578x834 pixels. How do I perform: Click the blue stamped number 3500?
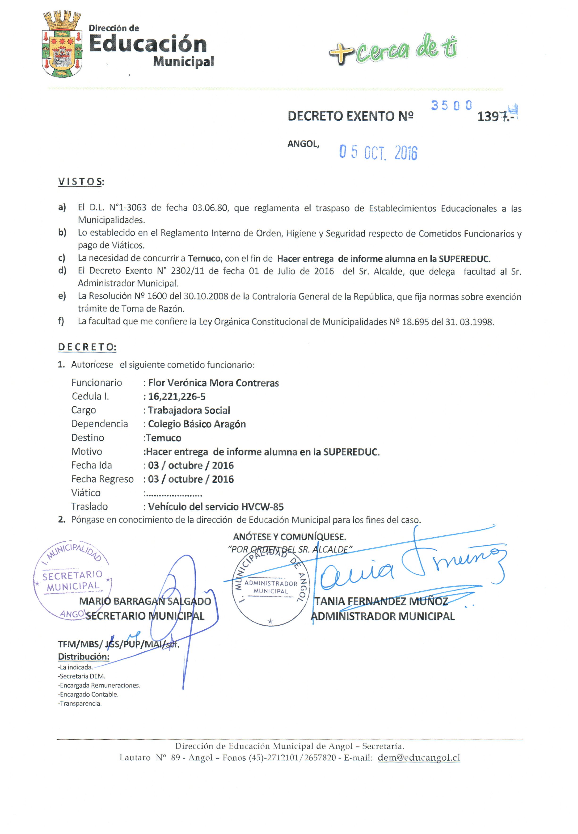pos(451,105)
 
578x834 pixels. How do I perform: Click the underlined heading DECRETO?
pos(87,347)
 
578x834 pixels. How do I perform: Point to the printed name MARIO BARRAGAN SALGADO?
pos(145,602)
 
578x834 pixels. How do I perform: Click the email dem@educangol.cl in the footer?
pos(419,758)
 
